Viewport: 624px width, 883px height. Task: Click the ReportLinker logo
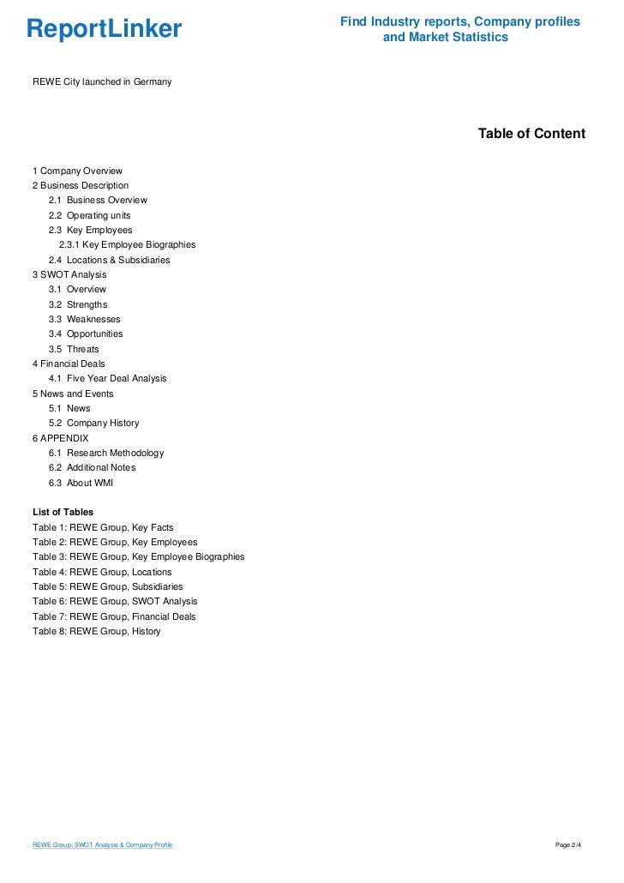[104, 30]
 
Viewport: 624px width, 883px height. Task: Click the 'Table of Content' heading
[531, 134]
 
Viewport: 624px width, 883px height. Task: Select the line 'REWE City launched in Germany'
[102, 81]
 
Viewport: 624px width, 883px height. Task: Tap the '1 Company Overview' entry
[77, 171]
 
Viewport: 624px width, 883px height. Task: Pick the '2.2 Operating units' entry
[89, 215]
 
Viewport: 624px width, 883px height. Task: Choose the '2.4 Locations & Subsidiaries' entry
[109, 260]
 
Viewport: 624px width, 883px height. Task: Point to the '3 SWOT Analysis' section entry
[69, 274]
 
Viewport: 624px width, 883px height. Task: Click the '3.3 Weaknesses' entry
[84, 319]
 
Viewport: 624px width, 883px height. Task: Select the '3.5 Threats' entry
[74, 349]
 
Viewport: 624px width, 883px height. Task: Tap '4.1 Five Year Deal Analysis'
[107, 378]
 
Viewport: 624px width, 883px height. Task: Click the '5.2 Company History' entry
[93, 423]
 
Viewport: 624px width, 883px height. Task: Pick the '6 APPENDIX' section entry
[60, 438]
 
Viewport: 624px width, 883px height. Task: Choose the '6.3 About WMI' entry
[81, 483]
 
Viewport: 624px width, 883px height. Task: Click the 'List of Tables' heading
[63, 512]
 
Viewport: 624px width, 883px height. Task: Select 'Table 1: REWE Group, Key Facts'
[103, 527]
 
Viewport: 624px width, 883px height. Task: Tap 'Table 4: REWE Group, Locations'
[102, 572]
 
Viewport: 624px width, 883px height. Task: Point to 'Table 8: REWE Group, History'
[96, 631]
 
